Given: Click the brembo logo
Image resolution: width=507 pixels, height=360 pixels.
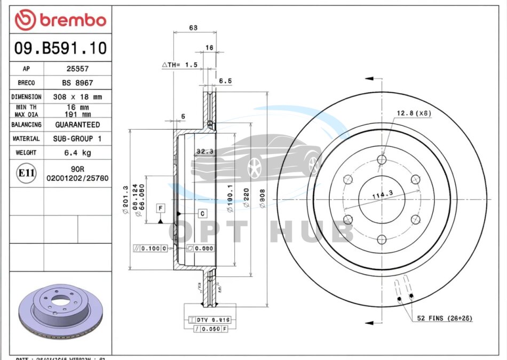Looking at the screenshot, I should [61, 20].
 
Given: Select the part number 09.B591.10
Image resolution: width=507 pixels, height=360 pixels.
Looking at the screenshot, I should [61, 49].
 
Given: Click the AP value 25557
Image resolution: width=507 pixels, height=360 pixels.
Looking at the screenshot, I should [77, 69].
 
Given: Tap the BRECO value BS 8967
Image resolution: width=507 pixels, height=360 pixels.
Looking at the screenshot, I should [77, 83].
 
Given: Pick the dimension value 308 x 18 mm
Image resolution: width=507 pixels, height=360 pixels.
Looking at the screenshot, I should [77, 97].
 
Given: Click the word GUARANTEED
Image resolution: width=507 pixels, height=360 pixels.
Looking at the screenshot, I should [77, 124].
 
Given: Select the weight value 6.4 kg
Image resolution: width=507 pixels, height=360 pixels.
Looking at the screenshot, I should [77, 153].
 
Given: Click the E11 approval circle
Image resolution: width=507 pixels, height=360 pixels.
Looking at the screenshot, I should [27, 173].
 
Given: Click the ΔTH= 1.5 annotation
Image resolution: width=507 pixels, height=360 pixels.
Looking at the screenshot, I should [180, 65].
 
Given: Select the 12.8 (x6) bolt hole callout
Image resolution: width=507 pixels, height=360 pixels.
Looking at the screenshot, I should [414, 113].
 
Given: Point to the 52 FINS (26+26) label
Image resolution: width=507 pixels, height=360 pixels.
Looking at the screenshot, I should [445, 318].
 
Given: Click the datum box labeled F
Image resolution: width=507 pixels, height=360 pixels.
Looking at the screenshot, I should [160, 207].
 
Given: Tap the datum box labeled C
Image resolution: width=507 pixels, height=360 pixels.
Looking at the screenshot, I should [202, 213].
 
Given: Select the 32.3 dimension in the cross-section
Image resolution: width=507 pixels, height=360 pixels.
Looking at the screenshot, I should [204, 151].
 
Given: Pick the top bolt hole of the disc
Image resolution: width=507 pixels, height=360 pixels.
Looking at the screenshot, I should [381, 159].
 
